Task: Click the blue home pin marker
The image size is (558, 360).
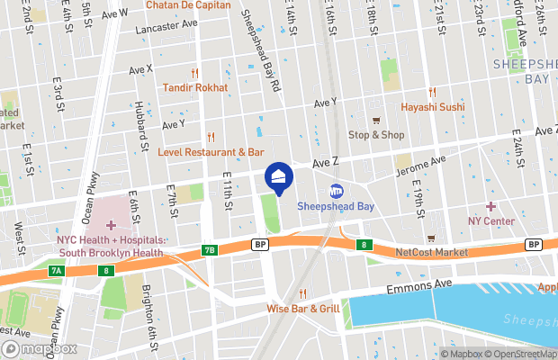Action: click(278, 176)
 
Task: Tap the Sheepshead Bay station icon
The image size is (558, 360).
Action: click(337, 191)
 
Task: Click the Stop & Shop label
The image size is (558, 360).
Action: click(376, 135)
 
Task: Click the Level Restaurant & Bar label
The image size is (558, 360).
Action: click(211, 152)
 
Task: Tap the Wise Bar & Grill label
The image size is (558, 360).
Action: click(302, 309)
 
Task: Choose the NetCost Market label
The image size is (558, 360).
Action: click(431, 253)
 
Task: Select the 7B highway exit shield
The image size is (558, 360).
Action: click(210, 250)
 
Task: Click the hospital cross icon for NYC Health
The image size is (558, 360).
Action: click(110, 224)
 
